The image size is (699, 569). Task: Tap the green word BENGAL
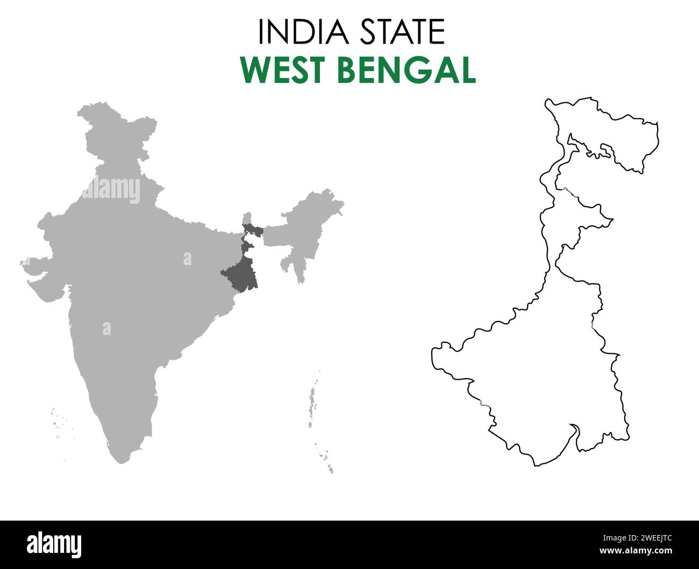[x=408, y=70]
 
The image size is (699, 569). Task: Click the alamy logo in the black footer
[x=54, y=545]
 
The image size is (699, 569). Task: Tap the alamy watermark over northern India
[x=111, y=190]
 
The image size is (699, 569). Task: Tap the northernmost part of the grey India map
[x=97, y=108]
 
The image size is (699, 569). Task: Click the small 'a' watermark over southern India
[x=106, y=329]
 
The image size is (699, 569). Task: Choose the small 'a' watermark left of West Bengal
[x=187, y=259]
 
